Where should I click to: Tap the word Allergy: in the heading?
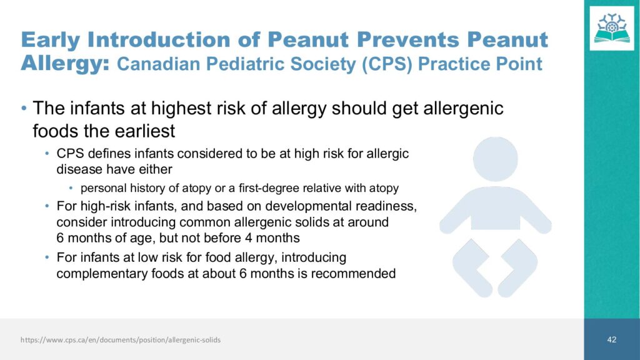click(65, 64)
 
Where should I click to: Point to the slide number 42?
click(611, 339)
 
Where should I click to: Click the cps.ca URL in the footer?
click(121, 339)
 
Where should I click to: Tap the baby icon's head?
click(496, 159)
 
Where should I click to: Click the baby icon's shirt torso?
click(496, 209)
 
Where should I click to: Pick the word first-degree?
click(267, 188)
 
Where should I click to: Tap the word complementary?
click(102, 274)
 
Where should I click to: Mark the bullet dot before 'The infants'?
click(24, 109)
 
